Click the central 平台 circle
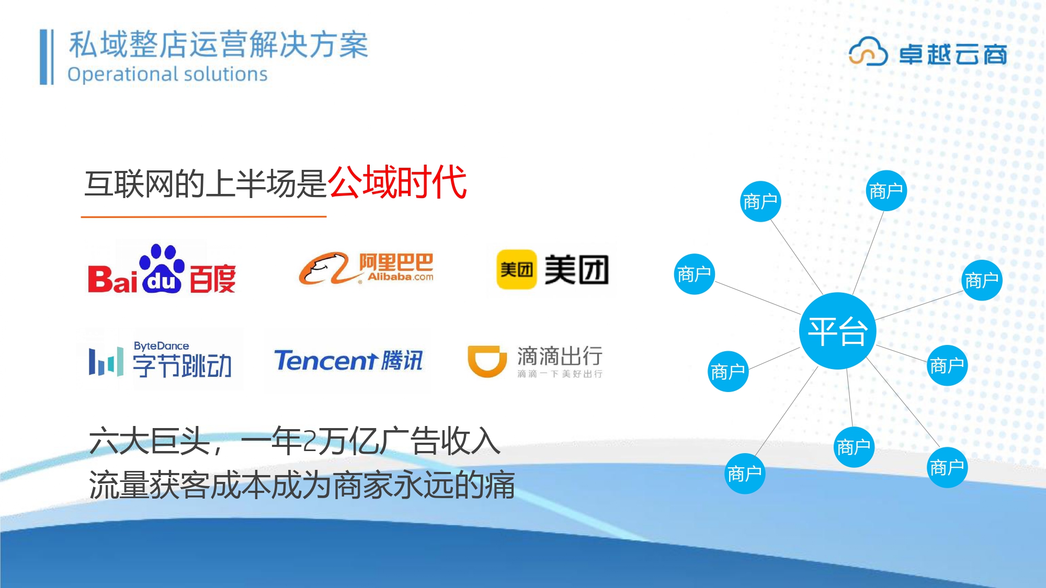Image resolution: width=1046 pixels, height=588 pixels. [x=837, y=331]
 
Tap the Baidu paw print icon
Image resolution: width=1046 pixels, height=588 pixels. [x=162, y=268]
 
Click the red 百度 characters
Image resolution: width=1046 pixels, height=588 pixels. [x=212, y=279]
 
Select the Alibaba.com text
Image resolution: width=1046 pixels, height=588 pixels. [x=400, y=276]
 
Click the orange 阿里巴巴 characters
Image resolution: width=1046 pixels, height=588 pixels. [x=396, y=262]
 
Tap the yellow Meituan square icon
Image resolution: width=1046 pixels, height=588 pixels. [x=516, y=269]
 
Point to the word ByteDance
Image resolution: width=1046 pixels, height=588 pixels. [x=161, y=345]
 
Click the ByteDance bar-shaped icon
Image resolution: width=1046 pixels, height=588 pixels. [x=106, y=361]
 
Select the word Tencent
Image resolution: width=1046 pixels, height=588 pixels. [x=325, y=361]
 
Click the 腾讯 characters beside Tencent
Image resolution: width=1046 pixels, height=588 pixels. [x=401, y=361]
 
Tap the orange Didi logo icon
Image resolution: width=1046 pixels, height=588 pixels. [x=487, y=361]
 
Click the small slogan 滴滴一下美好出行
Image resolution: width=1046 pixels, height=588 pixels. [x=560, y=374]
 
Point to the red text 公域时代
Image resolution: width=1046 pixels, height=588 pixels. [x=397, y=182]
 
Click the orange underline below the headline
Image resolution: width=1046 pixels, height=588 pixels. [x=203, y=216]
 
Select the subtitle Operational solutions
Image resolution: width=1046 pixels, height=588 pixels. [x=167, y=74]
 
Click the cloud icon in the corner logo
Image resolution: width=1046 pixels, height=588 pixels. [x=868, y=51]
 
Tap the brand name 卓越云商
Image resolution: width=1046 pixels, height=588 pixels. [x=953, y=54]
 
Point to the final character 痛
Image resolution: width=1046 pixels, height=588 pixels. [x=499, y=485]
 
